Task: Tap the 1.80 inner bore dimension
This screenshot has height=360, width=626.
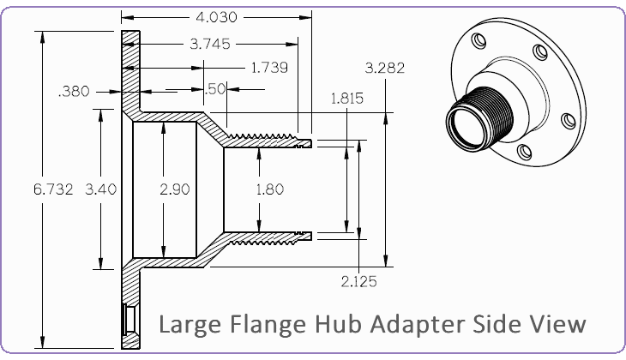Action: coord(270,189)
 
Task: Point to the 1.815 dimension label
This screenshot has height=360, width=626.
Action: coord(347,99)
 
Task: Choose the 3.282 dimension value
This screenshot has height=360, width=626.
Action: coord(384,68)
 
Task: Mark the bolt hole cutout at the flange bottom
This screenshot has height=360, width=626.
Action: coord(129,320)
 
